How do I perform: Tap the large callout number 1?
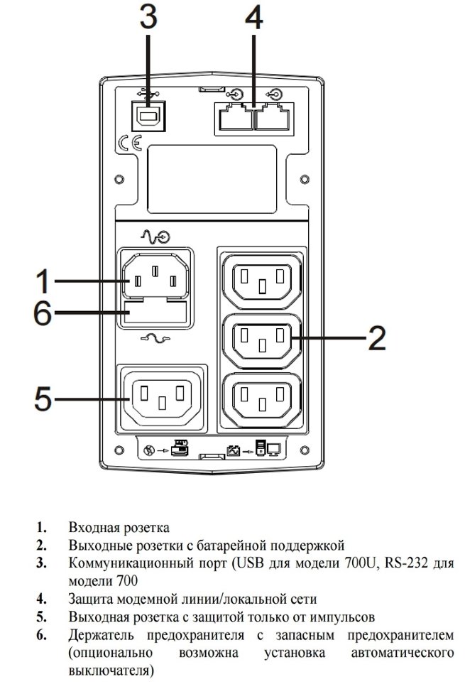point(43,281)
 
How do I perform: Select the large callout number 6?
point(43,314)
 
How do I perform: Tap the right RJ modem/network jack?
point(273,116)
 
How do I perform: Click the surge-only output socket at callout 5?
point(163,396)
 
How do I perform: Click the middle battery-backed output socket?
point(263,340)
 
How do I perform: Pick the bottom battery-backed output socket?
point(263,398)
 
